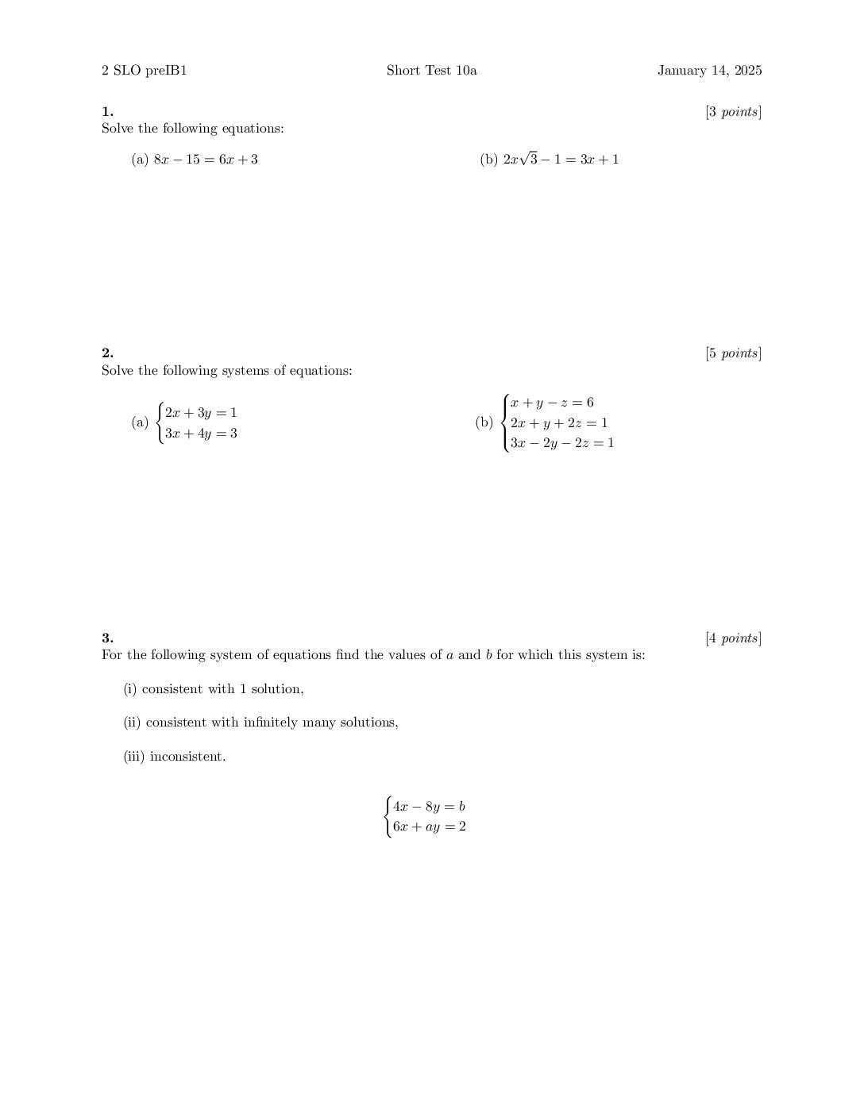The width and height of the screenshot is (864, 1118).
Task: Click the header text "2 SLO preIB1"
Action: (x=144, y=71)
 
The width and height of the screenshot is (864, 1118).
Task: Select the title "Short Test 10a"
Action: (x=431, y=71)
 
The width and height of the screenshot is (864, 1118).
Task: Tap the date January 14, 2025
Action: (x=709, y=71)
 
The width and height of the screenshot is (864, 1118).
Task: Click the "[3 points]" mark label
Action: (x=733, y=112)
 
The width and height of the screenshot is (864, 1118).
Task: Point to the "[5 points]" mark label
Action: (x=733, y=353)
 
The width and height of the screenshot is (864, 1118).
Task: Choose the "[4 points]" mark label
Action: (x=733, y=638)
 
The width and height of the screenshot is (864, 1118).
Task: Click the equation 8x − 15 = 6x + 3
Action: (x=206, y=160)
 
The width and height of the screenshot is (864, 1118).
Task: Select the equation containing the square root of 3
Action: (x=561, y=160)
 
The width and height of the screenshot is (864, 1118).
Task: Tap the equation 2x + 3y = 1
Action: (x=201, y=413)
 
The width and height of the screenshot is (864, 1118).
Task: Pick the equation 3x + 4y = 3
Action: (x=201, y=434)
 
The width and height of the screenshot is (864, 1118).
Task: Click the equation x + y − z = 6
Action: (x=552, y=403)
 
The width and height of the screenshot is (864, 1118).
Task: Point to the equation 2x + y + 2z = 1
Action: (x=559, y=423)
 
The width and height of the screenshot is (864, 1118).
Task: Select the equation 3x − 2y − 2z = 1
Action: (x=562, y=443)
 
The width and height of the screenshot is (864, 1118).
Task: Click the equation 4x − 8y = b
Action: (x=429, y=807)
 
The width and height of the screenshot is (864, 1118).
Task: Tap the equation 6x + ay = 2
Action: (x=429, y=827)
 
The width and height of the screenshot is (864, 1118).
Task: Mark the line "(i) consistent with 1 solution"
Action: (x=214, y=689)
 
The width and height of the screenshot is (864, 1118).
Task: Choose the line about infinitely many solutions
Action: (x=260, y=723)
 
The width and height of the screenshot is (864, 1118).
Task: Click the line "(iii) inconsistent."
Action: (x=175, y=757)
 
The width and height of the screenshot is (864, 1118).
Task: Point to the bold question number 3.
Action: (x=107, y=638)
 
